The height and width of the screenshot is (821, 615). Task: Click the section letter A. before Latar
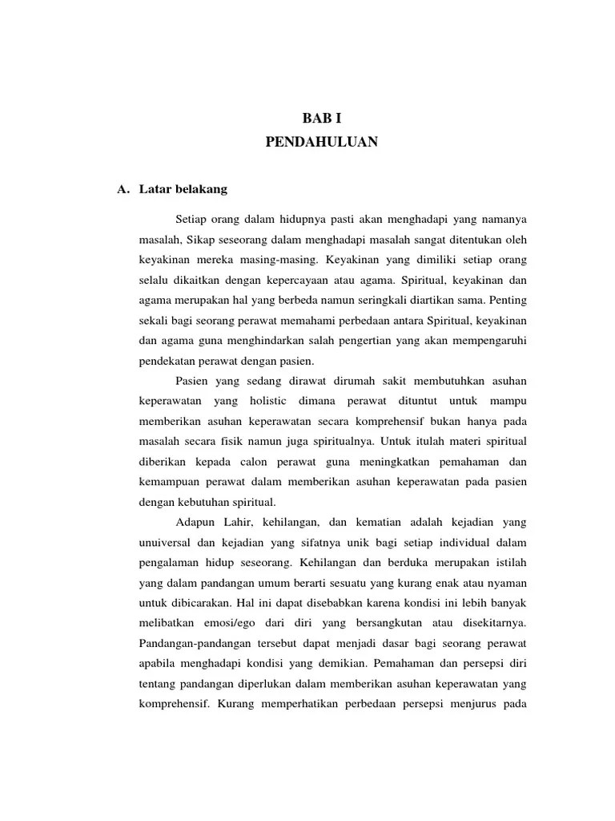point(123,190)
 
